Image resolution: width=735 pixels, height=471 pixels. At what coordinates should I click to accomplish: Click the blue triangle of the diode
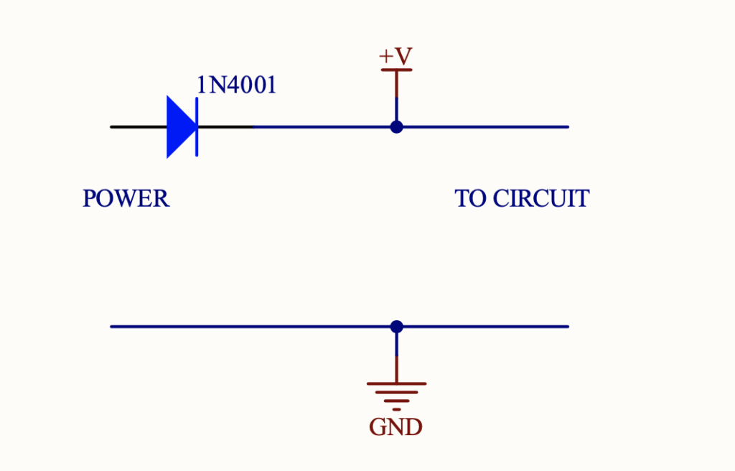click(x=179, y=127)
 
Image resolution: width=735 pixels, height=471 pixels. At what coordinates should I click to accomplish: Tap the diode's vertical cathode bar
click(x=197, y=127)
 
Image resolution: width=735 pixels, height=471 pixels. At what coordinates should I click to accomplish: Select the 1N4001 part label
click(x=236, y=85)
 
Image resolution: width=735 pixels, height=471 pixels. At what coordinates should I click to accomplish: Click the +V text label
click(x=395, y=56)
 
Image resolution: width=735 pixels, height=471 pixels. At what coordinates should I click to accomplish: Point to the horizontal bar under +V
click(x=396, y=70)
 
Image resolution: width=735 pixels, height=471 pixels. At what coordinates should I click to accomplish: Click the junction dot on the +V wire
click(x=396, y=127)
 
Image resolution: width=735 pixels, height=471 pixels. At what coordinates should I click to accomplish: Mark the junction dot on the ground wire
click(x=396, y=327)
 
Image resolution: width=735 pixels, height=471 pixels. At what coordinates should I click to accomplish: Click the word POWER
click(x=126, y=198)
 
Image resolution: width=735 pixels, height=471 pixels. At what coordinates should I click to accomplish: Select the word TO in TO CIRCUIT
click(x=470, y=198)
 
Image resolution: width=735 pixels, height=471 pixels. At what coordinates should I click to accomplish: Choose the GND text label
click(x=395, y=428)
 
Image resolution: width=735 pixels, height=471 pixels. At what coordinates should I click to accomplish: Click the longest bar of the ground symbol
click(x=396, y=383)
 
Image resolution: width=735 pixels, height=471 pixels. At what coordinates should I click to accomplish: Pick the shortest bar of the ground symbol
click(x=396, y=409)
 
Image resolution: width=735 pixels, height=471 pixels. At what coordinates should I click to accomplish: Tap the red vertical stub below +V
click(x=396, y=85)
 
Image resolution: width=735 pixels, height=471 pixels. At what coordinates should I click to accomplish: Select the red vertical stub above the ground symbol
click(x=396, y=368)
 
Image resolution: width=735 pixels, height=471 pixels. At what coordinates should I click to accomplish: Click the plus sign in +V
click(x=386, y=56)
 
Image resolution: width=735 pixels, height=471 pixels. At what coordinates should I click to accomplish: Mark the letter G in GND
click(x=378, y=428)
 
